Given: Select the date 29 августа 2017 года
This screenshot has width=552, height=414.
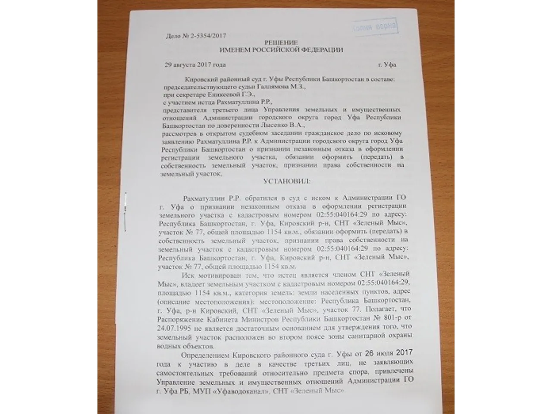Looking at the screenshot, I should (x=195, y=65).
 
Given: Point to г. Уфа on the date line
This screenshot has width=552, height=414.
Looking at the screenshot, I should (x=387, y=65).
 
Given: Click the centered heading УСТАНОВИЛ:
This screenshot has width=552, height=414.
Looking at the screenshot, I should (x=286, y=182).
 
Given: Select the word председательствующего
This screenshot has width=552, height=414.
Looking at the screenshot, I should (x=195, y=86).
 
